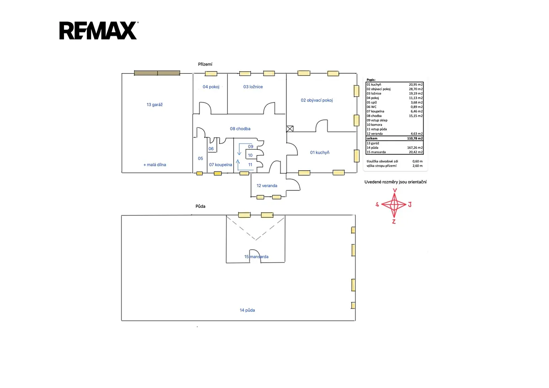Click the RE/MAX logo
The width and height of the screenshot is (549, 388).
point(98,30)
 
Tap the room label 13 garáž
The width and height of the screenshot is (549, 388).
point(155,105)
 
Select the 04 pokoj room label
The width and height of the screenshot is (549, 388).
point(211,87)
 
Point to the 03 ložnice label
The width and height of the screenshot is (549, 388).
point(253,87)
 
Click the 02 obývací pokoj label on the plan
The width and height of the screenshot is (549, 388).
point(317,100)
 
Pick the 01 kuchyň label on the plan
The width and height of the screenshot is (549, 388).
point(320,152)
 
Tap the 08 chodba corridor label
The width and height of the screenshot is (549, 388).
point(240,129)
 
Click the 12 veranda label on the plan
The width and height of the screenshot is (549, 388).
point(267,186)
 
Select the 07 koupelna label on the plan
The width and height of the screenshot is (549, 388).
point(221,165)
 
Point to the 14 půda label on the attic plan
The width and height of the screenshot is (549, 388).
point(248,310)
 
